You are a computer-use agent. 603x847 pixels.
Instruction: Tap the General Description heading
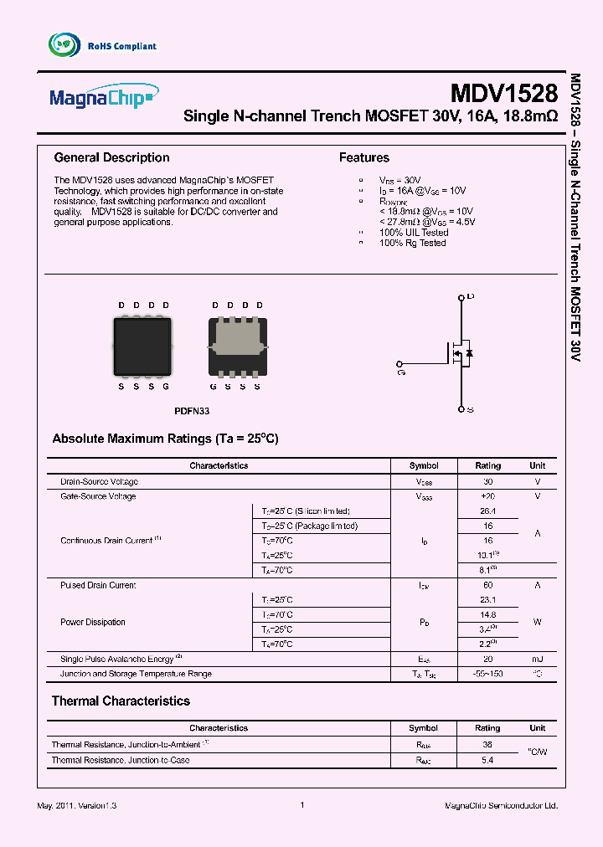[x=111, y=157]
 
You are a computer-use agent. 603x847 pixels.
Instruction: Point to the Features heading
[x=363, y=157]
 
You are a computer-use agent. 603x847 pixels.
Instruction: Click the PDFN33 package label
[x=191, y=411]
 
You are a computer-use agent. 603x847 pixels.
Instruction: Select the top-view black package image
[x=142, y=346]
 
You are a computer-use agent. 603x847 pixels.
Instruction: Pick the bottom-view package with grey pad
[x=237, y=346]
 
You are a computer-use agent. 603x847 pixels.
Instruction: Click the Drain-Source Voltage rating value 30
[x=487, y=481]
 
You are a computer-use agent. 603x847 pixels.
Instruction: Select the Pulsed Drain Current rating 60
[x=487, y=585]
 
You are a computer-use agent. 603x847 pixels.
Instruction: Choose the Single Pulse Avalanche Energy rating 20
[x=487, y=659]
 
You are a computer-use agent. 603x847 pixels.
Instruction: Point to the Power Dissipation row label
[x=93, y=622]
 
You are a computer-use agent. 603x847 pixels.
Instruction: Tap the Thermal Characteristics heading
[x=121, y=701]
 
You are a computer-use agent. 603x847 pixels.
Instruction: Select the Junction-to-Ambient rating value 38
[x=487, y=743]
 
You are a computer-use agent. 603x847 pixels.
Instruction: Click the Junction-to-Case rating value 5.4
[x=487, y=760]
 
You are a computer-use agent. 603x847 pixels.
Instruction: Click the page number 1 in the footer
[x=301, y=805]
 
